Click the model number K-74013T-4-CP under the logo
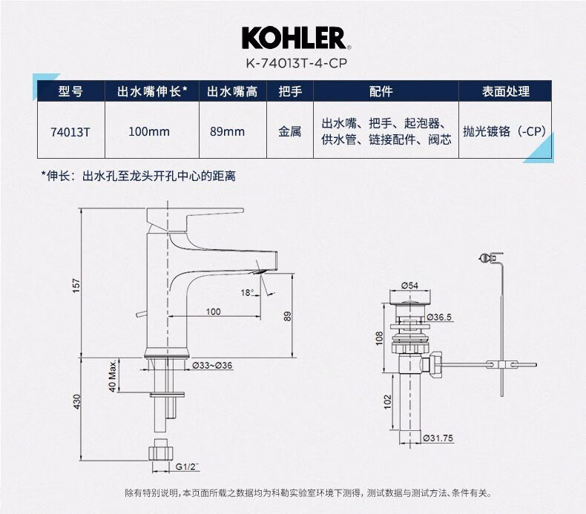tap(297, 63)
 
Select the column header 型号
tap(70, 91)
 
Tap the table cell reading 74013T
tap(70, 131)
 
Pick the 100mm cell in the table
tap(149, 131)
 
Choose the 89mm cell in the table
tap(227, 131)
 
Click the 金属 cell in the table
tap(289, 131)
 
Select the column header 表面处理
tap(505, 91)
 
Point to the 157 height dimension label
tap(76, 286)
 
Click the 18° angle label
tap(247, 292)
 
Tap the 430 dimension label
tap(76, 401)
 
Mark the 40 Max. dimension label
tap(113, 376)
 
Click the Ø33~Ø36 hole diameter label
tap(212, 366)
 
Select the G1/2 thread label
tap(187, 467)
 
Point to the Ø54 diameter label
tap(409, 286)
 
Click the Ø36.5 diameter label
tap(439, 317)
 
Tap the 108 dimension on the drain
tap(379, 338)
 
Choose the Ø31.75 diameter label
tap(438, 438)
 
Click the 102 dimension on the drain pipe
tap(387, 402)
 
